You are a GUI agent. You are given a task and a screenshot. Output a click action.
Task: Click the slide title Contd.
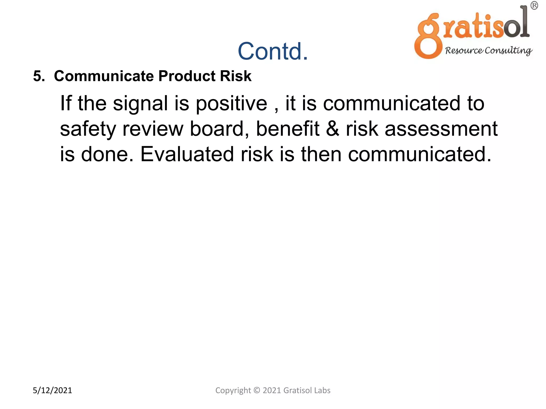click(x=272, y=51)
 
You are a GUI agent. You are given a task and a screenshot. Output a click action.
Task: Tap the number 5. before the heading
click(x=39, y=76)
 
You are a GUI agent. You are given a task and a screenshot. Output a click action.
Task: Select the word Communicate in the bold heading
click(x=104, y=76)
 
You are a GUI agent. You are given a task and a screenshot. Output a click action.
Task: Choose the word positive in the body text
click(x=231, y=104)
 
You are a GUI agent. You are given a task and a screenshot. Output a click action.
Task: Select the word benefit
click(x=287, y=129)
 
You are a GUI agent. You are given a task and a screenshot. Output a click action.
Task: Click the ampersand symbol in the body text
click(x=332, y=129)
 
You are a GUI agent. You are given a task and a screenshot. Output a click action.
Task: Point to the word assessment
click(x=441, y=129)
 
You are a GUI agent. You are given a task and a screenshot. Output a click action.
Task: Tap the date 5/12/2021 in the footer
click(x=52, y=390)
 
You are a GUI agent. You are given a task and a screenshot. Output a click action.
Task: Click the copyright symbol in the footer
click(x=256, y=390)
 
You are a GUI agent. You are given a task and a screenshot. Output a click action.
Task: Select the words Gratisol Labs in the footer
click(x=307, y=390)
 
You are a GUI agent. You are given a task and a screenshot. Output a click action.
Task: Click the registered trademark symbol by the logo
click(x=534, y=6)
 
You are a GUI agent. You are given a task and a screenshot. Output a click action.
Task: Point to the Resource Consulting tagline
click(x=488, y=51)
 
